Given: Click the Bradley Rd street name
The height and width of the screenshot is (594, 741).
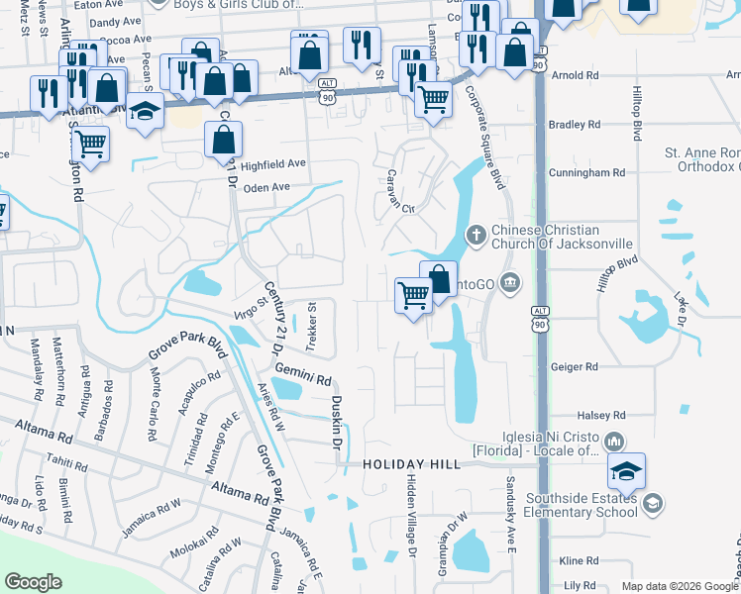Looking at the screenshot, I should click(x=575, y=125).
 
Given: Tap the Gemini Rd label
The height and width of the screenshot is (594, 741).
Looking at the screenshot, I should click(x=303, y=374).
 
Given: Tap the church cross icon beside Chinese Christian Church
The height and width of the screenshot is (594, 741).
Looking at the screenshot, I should click(x=476, y=235).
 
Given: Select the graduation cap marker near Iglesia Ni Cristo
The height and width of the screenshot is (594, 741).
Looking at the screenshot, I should click(x=626, y=472).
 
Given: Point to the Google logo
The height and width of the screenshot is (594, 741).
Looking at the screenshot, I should click(x=34, y=582).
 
